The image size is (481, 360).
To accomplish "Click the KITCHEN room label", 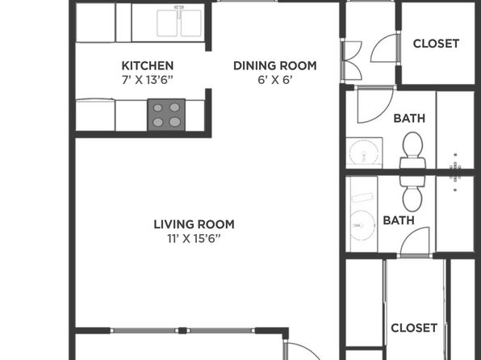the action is click(148, 65).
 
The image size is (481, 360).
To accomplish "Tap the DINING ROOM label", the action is click(275, 65).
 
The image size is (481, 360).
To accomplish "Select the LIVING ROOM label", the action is click(194, 224).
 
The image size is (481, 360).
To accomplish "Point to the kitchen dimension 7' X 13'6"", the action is click(148, 80).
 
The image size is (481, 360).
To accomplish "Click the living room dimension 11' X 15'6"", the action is click(194, 238).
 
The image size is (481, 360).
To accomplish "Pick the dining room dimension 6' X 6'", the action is click(275, 80).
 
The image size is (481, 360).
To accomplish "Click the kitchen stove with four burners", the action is click(166, 115).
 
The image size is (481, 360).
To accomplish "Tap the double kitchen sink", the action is click(179, 23).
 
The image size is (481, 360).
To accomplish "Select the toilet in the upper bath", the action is click(412, 150).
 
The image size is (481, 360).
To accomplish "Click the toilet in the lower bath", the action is click(412, 194).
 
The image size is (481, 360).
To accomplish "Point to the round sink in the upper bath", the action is click(364, 153).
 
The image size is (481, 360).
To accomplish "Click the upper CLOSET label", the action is click(436, 44).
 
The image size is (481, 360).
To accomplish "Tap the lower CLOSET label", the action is click(414, 328).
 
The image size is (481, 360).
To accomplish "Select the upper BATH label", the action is click(409, 118).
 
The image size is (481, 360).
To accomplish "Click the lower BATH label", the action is click(399, 220).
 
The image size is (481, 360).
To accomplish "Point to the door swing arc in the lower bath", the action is click(409, 233).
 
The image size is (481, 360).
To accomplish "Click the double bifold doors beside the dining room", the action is click(352, 61).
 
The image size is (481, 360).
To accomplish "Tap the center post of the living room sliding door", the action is click(182, 330).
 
